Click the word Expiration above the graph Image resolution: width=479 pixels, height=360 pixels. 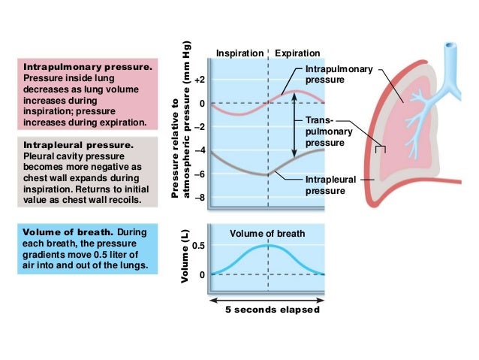pyautogui.click(x=297, y=53)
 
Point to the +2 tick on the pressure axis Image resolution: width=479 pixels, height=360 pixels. pyautogui.click(x=199, y=79)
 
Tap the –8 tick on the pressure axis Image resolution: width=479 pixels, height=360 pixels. pyautogui.click(x=200, y=198)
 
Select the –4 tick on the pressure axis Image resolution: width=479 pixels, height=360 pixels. pyautogui.click(x=200, y=151)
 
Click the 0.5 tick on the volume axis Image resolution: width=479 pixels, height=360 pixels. pyautogui.click(x=198, y=246)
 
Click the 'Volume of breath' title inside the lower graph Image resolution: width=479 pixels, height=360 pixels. pyautogui.click(x=268, y=233)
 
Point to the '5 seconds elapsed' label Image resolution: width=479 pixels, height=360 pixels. pyautogui.click(x=272, y=310)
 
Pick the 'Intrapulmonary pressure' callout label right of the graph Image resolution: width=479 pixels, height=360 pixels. pyautogui.click(x=338, y=74)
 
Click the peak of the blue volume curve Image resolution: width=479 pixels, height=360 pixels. pyautogui.click(x=267, y=246)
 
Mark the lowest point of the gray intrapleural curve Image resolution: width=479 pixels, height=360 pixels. pyautogui.click(x=267, y=174)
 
